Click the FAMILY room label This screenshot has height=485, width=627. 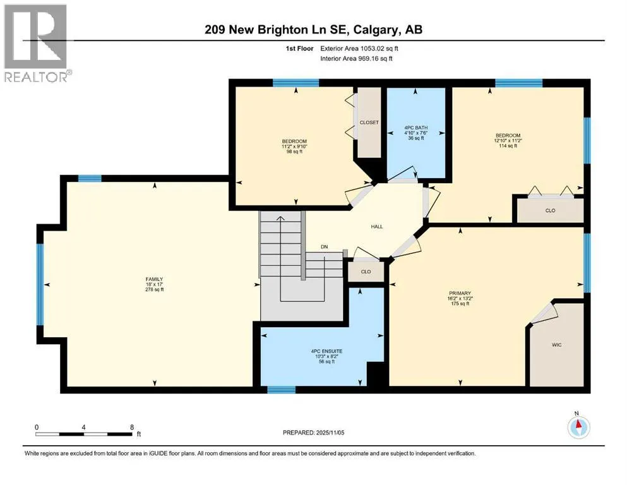(x=154, y=279)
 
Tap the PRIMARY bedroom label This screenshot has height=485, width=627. (x=460, y=293)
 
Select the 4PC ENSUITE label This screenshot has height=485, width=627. (x=326, y=351)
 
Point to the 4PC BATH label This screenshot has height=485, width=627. (x=416, y=128)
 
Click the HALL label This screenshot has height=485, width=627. (x=377, y=226)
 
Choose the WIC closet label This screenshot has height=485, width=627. (x=557, y=345)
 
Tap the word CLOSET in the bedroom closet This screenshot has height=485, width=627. (x=369, y=123)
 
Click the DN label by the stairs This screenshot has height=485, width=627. (x=325, y=247)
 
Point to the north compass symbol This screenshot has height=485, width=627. (x=578, y=426)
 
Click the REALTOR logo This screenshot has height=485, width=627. (x=37, y=43)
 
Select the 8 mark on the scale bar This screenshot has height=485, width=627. (x=132, y=427)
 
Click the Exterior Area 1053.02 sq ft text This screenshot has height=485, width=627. (x=359, y=49)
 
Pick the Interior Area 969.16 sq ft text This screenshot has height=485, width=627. (x=356, y=58)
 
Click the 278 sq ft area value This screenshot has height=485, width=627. (x=154, y=289)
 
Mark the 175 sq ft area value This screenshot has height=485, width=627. (x=460, y=304)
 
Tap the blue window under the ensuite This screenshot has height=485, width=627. (x=281, y=390)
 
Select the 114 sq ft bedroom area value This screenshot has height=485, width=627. (x=508, y=146)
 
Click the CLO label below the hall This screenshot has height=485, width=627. (x=366, y=272)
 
